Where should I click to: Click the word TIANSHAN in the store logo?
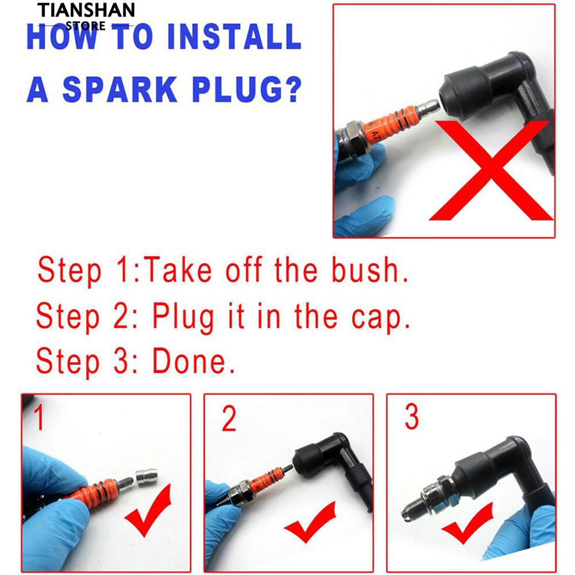click(x=86, y=10)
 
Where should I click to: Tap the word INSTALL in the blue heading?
click(x=234, y=36)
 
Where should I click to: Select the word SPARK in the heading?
click(x=120, y=90)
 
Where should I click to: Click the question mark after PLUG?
click(x=292, y=89)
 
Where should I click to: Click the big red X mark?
click(x=491, y=170)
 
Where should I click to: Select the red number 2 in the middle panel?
click(x=229, y=419)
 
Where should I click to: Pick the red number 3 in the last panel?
click(x=411, y=416)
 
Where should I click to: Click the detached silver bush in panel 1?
click(x=146, y=477)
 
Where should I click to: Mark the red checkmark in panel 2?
click(x=310, y=522)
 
